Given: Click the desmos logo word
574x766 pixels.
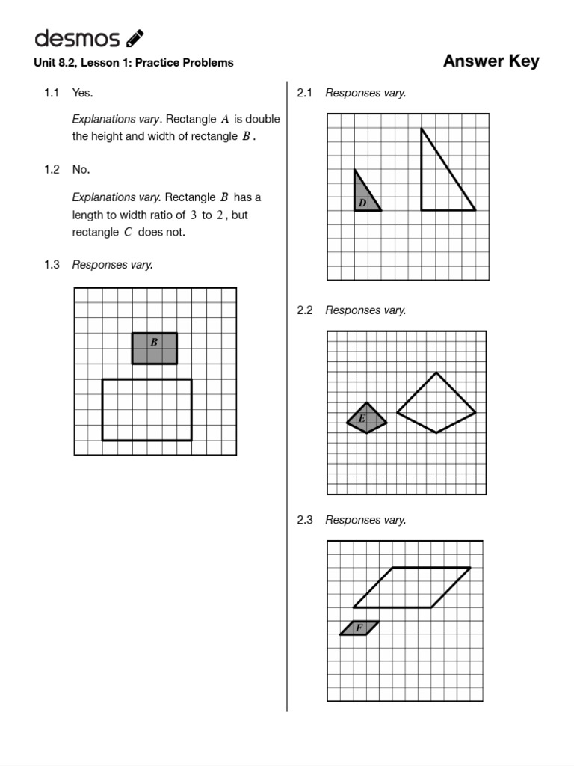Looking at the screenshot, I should pyautogui.click(x=76, y=38).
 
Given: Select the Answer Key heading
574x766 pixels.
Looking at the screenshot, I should pyautogui.click(x=490, y=61).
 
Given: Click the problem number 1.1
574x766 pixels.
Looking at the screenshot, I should pyautogui.click(x=51, y=93).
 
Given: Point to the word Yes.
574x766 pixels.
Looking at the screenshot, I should pyautogui.click(x=82, y=93).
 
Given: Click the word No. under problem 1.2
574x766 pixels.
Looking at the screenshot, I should pyautogui.click(x=81, y=169).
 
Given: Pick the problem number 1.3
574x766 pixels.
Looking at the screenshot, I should pyautogui.click(x=51, y=264).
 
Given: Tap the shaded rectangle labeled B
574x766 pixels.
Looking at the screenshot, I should pyautogui.click(x=155, y=349).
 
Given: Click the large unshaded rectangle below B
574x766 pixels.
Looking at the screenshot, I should pyautogui.click(x=146, y=410).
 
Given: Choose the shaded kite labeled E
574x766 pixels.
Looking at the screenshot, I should pyautogui.click(x=366, y=420).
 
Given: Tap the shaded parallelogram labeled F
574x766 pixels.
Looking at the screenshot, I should pyautogui.click(x=359, y=628).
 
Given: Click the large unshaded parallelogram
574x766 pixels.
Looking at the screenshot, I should pyautogui.click(x=412, y=587).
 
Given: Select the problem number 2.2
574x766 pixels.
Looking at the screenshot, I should pyautogui.click(x=304, y=310).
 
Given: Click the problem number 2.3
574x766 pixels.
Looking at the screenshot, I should pyautogui.click(x=304, y=520).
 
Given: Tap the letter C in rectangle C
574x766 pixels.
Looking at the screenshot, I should pyautogui.click(x=128, y=232).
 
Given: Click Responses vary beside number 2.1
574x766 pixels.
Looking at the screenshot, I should pyautogui.click(x=365, y=93).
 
